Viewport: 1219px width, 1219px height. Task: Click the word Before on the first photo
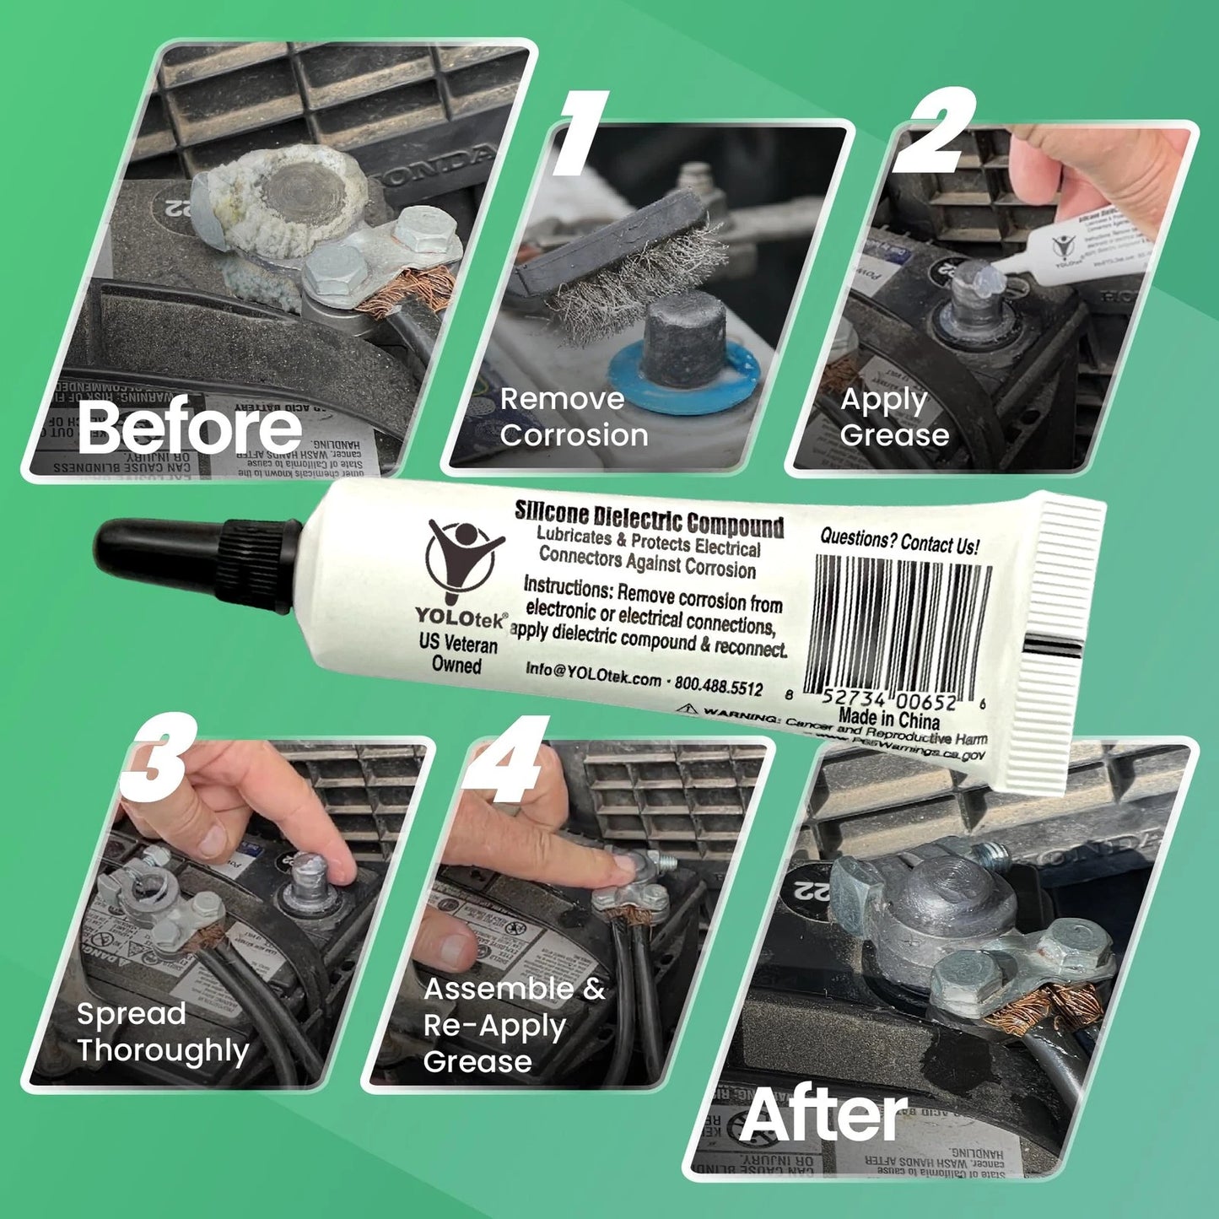190,428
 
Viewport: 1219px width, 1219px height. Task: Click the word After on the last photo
823,1116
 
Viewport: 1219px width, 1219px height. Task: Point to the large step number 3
159,758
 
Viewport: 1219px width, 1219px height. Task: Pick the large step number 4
506,759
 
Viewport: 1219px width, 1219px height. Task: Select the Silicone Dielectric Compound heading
650,517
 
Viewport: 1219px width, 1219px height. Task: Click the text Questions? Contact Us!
899,542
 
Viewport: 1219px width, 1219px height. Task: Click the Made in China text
888,720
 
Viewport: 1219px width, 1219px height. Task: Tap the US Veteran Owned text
458,654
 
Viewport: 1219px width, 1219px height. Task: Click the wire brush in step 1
624,253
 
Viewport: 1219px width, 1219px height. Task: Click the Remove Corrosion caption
574,417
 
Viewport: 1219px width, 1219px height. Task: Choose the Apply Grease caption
893,417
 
